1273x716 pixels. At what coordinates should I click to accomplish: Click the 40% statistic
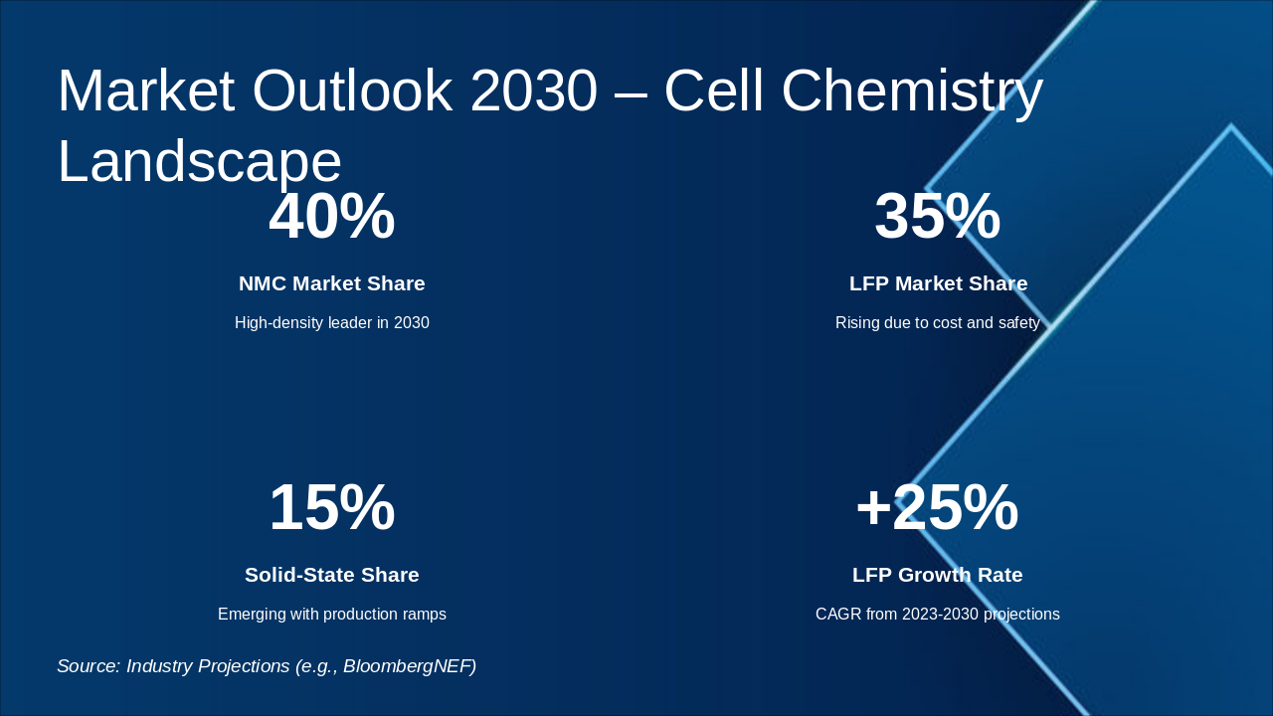pos(331,217)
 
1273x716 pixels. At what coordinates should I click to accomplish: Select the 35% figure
pos(937,217)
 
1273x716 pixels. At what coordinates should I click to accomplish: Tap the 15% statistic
pos(331,507)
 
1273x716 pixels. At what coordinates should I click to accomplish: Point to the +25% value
pos(937,507)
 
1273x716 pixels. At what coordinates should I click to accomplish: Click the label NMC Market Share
pos(331,283)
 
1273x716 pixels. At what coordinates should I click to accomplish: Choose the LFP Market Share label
pos(938,283)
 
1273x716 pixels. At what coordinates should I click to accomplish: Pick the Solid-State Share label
pos(331,575)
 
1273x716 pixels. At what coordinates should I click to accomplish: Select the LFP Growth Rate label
pos(937,575)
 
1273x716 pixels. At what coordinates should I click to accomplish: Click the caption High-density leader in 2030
pos(331,323)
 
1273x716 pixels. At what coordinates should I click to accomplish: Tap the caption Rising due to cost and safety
pos(937,323)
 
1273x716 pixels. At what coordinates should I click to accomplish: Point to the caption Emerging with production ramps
pos(331,615)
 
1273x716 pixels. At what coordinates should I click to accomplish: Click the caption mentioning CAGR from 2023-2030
pos(937,615)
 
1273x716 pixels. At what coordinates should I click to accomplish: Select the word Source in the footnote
pos(87,666)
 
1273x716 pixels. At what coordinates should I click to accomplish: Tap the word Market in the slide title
pos(145,90)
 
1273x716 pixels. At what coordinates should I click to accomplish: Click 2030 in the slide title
pos(533,90)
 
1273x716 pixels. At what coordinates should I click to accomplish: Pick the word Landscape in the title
pos(199,161)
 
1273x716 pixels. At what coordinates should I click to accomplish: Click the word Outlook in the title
pos(352,90)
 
